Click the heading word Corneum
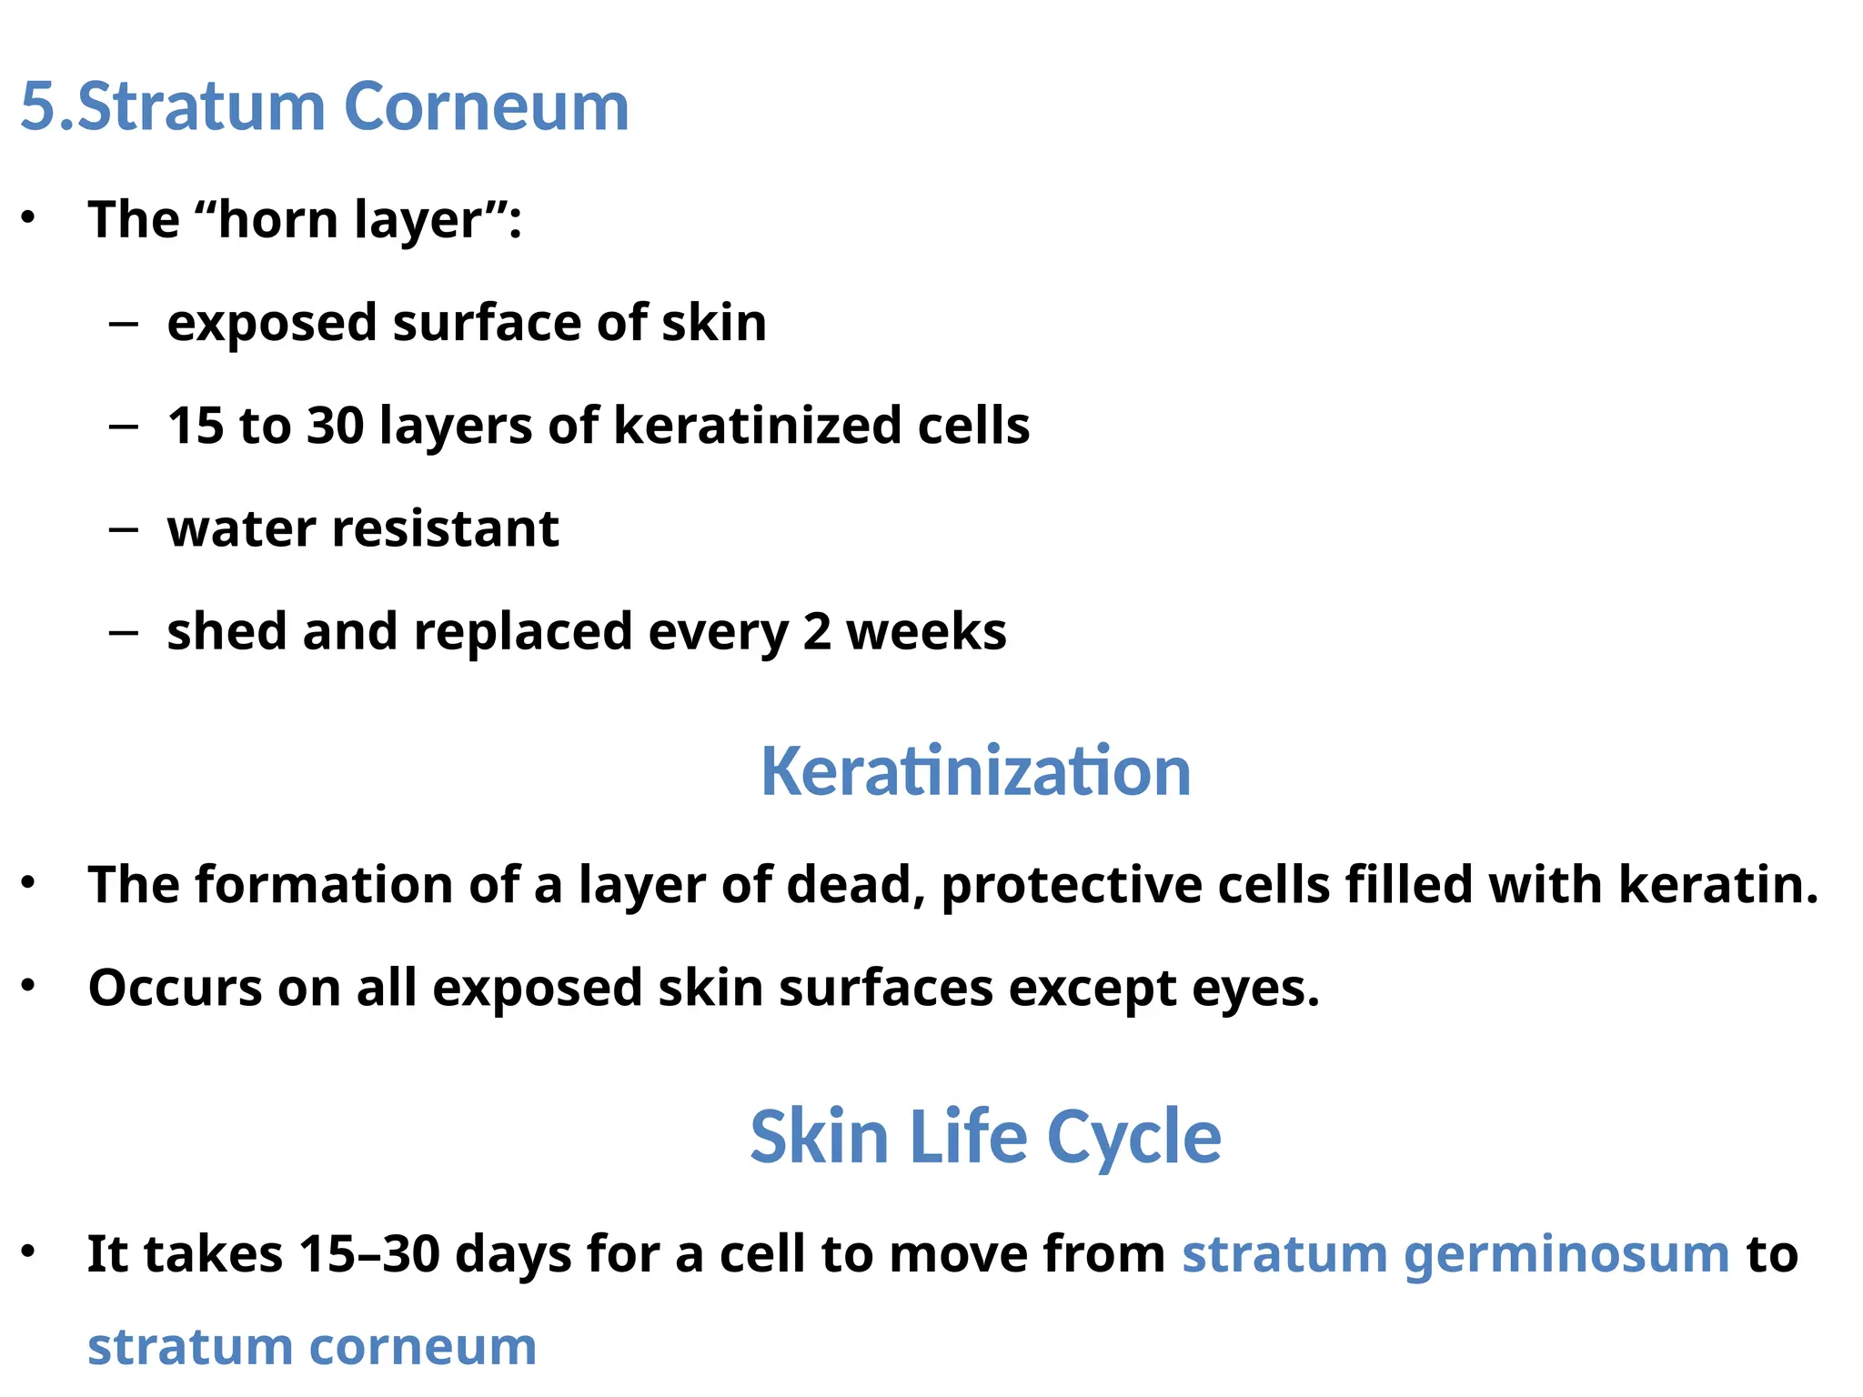click(x=486, y=106)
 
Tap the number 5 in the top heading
click(x=37, y=106)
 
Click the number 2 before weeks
click(x=816, y=632)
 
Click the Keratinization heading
click(x=975, y=771)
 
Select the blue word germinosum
click(x=1566, y=1255)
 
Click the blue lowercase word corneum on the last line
click(x=423, y=1347)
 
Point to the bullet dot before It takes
click(x=29, y=1252)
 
